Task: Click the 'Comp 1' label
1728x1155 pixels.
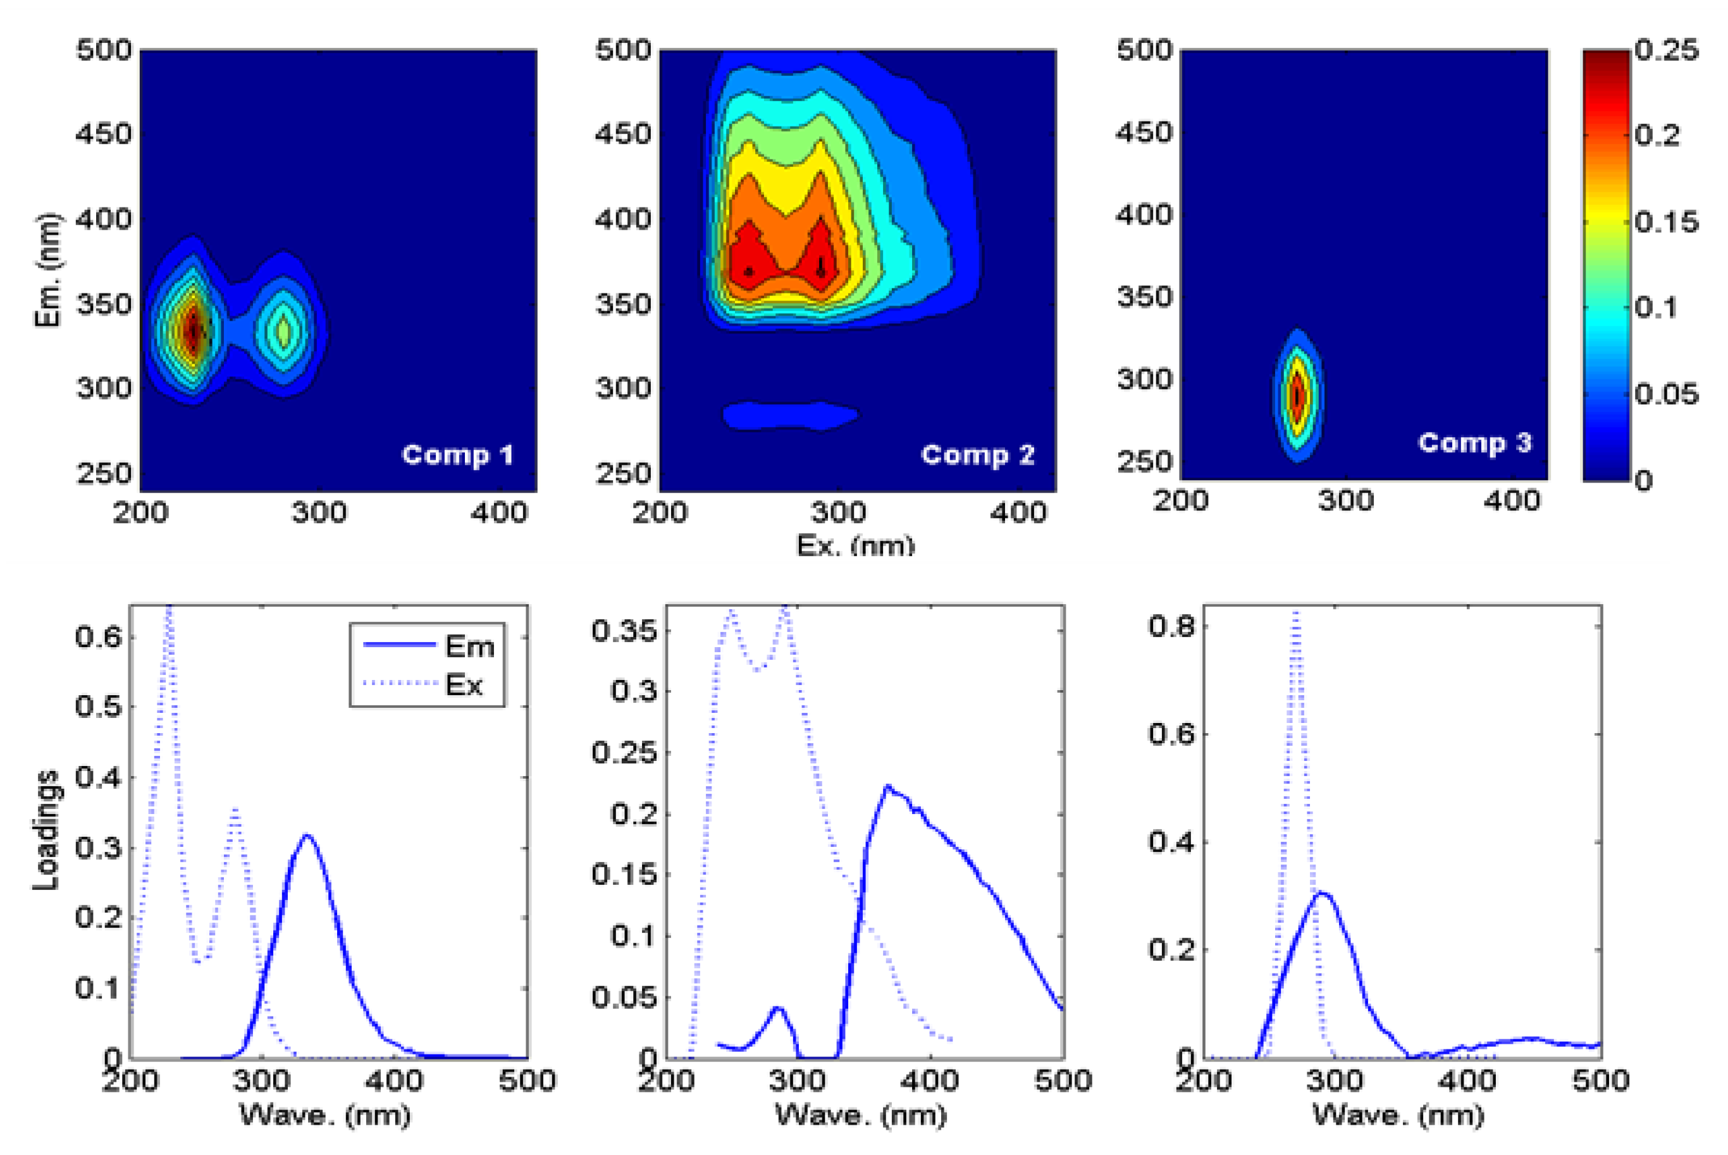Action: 457,455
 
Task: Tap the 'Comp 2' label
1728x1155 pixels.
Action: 977,455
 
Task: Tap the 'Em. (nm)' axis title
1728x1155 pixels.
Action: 47,270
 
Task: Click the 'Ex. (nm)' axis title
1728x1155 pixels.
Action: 856,546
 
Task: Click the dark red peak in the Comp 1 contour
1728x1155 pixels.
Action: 193,330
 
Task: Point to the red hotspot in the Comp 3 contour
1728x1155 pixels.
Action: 1298,395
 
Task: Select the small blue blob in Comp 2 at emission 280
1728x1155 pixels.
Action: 789,416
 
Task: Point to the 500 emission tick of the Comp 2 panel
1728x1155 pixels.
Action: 623,50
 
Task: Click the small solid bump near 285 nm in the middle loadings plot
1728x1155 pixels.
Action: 777,1008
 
